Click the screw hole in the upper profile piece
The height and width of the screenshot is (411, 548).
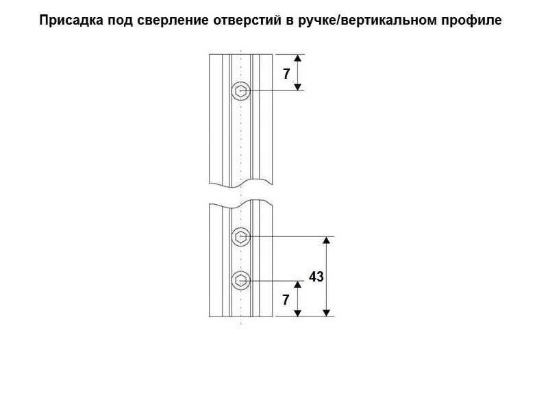click(x=241, y=90)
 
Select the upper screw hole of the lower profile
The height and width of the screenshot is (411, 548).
click(x=241, y=237)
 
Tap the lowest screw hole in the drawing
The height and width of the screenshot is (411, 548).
click(x=241, y=279)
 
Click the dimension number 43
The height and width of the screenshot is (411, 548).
click(x=316, y=277)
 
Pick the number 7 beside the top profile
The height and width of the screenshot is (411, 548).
click(x=286, y=74)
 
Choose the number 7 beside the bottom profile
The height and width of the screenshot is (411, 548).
click(x=286, y=299)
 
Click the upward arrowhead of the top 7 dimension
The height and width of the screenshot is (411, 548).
click(x=298, y=58)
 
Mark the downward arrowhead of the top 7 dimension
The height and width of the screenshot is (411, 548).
click(x=298, y=86)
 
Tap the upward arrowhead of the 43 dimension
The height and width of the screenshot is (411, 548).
click(x=327, y=242)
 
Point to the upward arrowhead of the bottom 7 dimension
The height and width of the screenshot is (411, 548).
click(x=298, y=284)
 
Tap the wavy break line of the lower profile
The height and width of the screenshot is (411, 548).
click(x=241, y=203)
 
